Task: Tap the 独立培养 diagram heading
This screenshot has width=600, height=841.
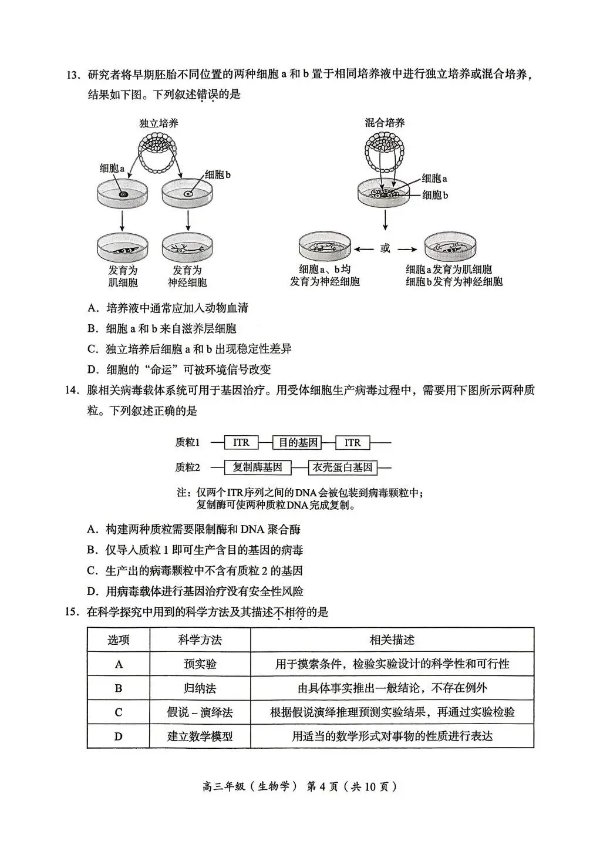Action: [x=159, y=123]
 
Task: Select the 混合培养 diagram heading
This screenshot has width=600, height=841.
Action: [x=385, y=123]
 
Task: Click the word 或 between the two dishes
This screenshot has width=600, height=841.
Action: [x=385, y=248]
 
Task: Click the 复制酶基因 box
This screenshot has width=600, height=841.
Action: [x=257, y=467]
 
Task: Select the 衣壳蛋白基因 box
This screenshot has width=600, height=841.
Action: [x=342, y=467]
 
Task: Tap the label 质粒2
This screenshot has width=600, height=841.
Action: [x=188, y=467]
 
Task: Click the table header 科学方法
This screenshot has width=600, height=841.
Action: [x=200, y=640]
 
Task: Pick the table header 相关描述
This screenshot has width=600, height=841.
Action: [x=392, y=640]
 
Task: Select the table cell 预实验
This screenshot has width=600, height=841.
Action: [x=200, y=664]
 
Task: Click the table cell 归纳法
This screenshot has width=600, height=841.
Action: [x=200, y=688]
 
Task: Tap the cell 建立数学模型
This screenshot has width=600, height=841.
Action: [x=200, y=736]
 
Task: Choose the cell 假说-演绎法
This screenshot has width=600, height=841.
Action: [x=200, y=712]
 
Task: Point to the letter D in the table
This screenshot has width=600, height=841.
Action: [x=119, y=736]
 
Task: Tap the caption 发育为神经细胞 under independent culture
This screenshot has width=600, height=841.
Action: [x=187, y=276]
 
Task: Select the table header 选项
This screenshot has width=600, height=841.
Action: [x=119, y=640]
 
